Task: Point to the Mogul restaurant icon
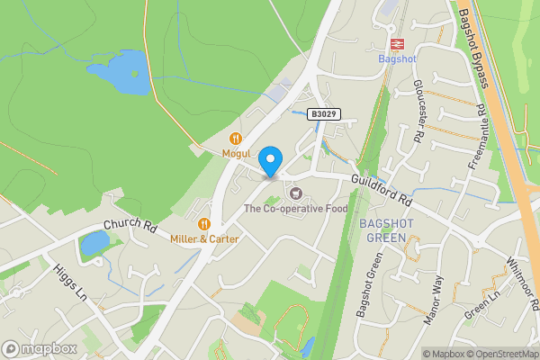pyautogui.click(x=236, y=139)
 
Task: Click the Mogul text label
pyautogui.click(x=236, y=154)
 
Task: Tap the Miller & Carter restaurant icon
pyautogui.click(x=204, y=224)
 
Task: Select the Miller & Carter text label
pyautogui.click(x=204, y=239)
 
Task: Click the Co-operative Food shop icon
pyautogui.click(x=294, y=193)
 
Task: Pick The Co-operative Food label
pyautogui.click(x=294, y=210)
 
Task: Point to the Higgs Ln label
pyautogui.click(x=67, y=282)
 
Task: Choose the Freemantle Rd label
pyautogui.click(x=476, y=138)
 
